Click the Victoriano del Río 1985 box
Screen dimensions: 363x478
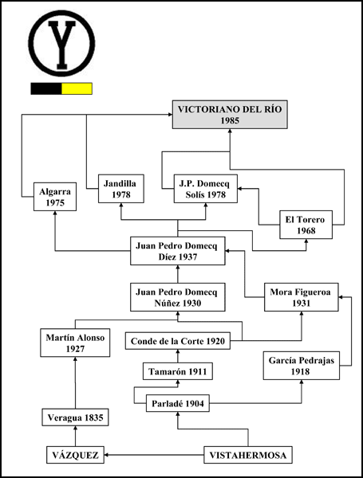230,114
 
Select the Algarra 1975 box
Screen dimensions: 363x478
55,197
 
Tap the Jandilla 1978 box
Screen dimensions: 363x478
121,189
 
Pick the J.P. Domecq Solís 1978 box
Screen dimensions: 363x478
206,189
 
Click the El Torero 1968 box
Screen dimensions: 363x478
306,225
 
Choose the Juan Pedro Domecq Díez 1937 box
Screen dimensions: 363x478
178,251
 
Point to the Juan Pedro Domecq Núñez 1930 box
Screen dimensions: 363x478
178,297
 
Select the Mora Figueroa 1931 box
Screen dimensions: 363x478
302,297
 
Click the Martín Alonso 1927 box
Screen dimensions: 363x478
75,343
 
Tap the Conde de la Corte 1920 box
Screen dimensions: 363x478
178,341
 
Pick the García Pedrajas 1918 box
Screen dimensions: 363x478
302,366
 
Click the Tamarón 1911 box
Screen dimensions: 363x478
178,371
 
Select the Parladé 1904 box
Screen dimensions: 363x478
178,403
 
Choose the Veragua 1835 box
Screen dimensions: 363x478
75,417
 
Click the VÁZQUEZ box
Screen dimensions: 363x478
75,455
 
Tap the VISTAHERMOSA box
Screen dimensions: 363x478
248,455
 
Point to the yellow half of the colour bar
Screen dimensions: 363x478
77,88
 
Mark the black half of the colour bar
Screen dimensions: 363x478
46,88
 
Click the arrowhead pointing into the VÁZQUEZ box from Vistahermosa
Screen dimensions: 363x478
107,455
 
